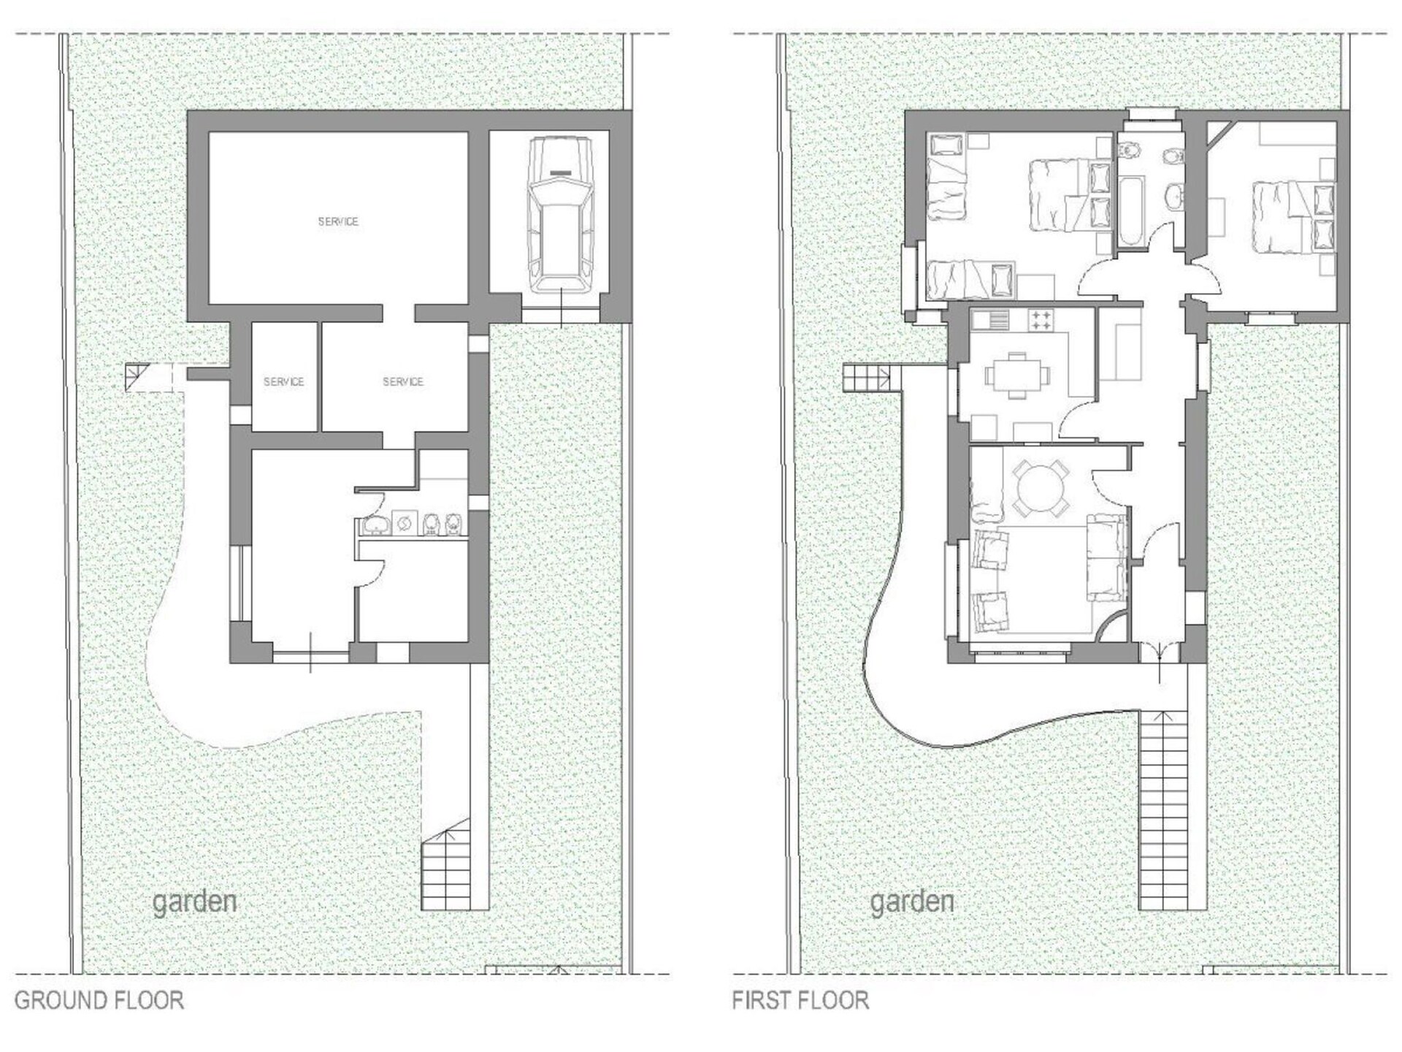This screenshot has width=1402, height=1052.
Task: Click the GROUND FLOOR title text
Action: click(x=99, y=1000)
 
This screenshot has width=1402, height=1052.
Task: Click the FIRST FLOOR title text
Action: click(x=800, y=1000)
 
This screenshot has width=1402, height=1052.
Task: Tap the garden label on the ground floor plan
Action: click(x=194, y=902)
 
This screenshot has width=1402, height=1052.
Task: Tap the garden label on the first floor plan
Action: click(x=912, y=902)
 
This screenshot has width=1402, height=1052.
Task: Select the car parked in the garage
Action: click(x=561, y=215)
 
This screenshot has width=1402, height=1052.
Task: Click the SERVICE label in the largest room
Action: click(x=338, y=221)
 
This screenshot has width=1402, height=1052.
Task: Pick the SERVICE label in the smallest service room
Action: click(x=283, y=381)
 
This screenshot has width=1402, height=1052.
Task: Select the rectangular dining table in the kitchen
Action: click(x=1018, y=376)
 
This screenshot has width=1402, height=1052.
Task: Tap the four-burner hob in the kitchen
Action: click(x=1041, y=319)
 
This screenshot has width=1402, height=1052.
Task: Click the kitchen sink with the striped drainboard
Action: click(x=989, y=319)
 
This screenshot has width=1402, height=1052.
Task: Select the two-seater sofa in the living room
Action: click(x=1107, y=557)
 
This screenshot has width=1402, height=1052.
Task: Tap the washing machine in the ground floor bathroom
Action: click(x=404, y=523)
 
